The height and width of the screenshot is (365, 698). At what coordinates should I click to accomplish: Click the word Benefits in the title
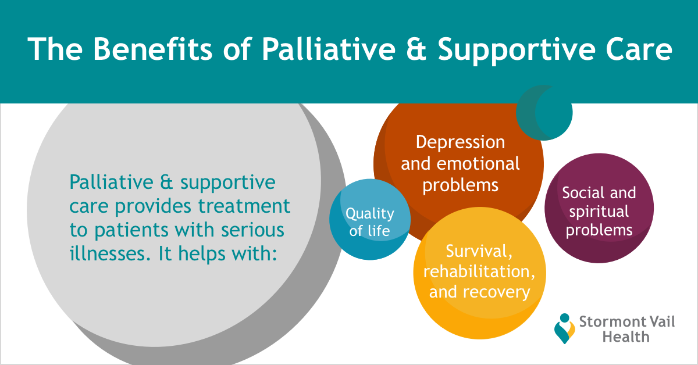pos(152,49)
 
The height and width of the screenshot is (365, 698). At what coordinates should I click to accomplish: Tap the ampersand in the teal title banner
pos(416,49)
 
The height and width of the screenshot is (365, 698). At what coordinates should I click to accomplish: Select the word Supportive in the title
pos(517,51)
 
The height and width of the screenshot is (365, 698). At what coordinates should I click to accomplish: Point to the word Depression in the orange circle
pos(460,143)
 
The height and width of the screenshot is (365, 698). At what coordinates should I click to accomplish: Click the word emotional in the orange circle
pos(478,163)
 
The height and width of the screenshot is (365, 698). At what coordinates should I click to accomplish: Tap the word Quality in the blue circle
pos(369,214)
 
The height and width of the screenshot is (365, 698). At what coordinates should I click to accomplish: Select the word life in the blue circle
pos(378,231)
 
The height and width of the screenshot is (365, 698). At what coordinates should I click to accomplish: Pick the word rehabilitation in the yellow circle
pos(479,271)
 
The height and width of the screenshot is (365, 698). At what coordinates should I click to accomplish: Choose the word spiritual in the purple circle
pos(599,212)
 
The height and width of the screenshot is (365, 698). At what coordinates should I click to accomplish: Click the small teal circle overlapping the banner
pos(544,113)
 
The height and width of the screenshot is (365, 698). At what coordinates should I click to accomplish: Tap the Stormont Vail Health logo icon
pos(565,328)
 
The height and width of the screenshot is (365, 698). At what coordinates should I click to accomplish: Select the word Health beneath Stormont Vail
pos(626,337)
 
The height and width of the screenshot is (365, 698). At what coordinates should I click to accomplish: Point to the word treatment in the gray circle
pos(244,206)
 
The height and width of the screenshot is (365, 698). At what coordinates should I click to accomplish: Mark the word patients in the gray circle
pos(131,231)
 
